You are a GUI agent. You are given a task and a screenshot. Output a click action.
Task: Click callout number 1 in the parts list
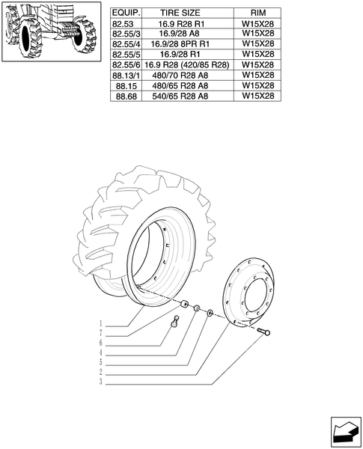(100, 324)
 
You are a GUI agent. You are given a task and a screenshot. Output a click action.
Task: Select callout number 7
(100, 333)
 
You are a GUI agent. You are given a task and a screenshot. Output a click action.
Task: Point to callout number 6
(100, 343)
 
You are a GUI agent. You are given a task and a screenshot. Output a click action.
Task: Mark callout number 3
(100, 382)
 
